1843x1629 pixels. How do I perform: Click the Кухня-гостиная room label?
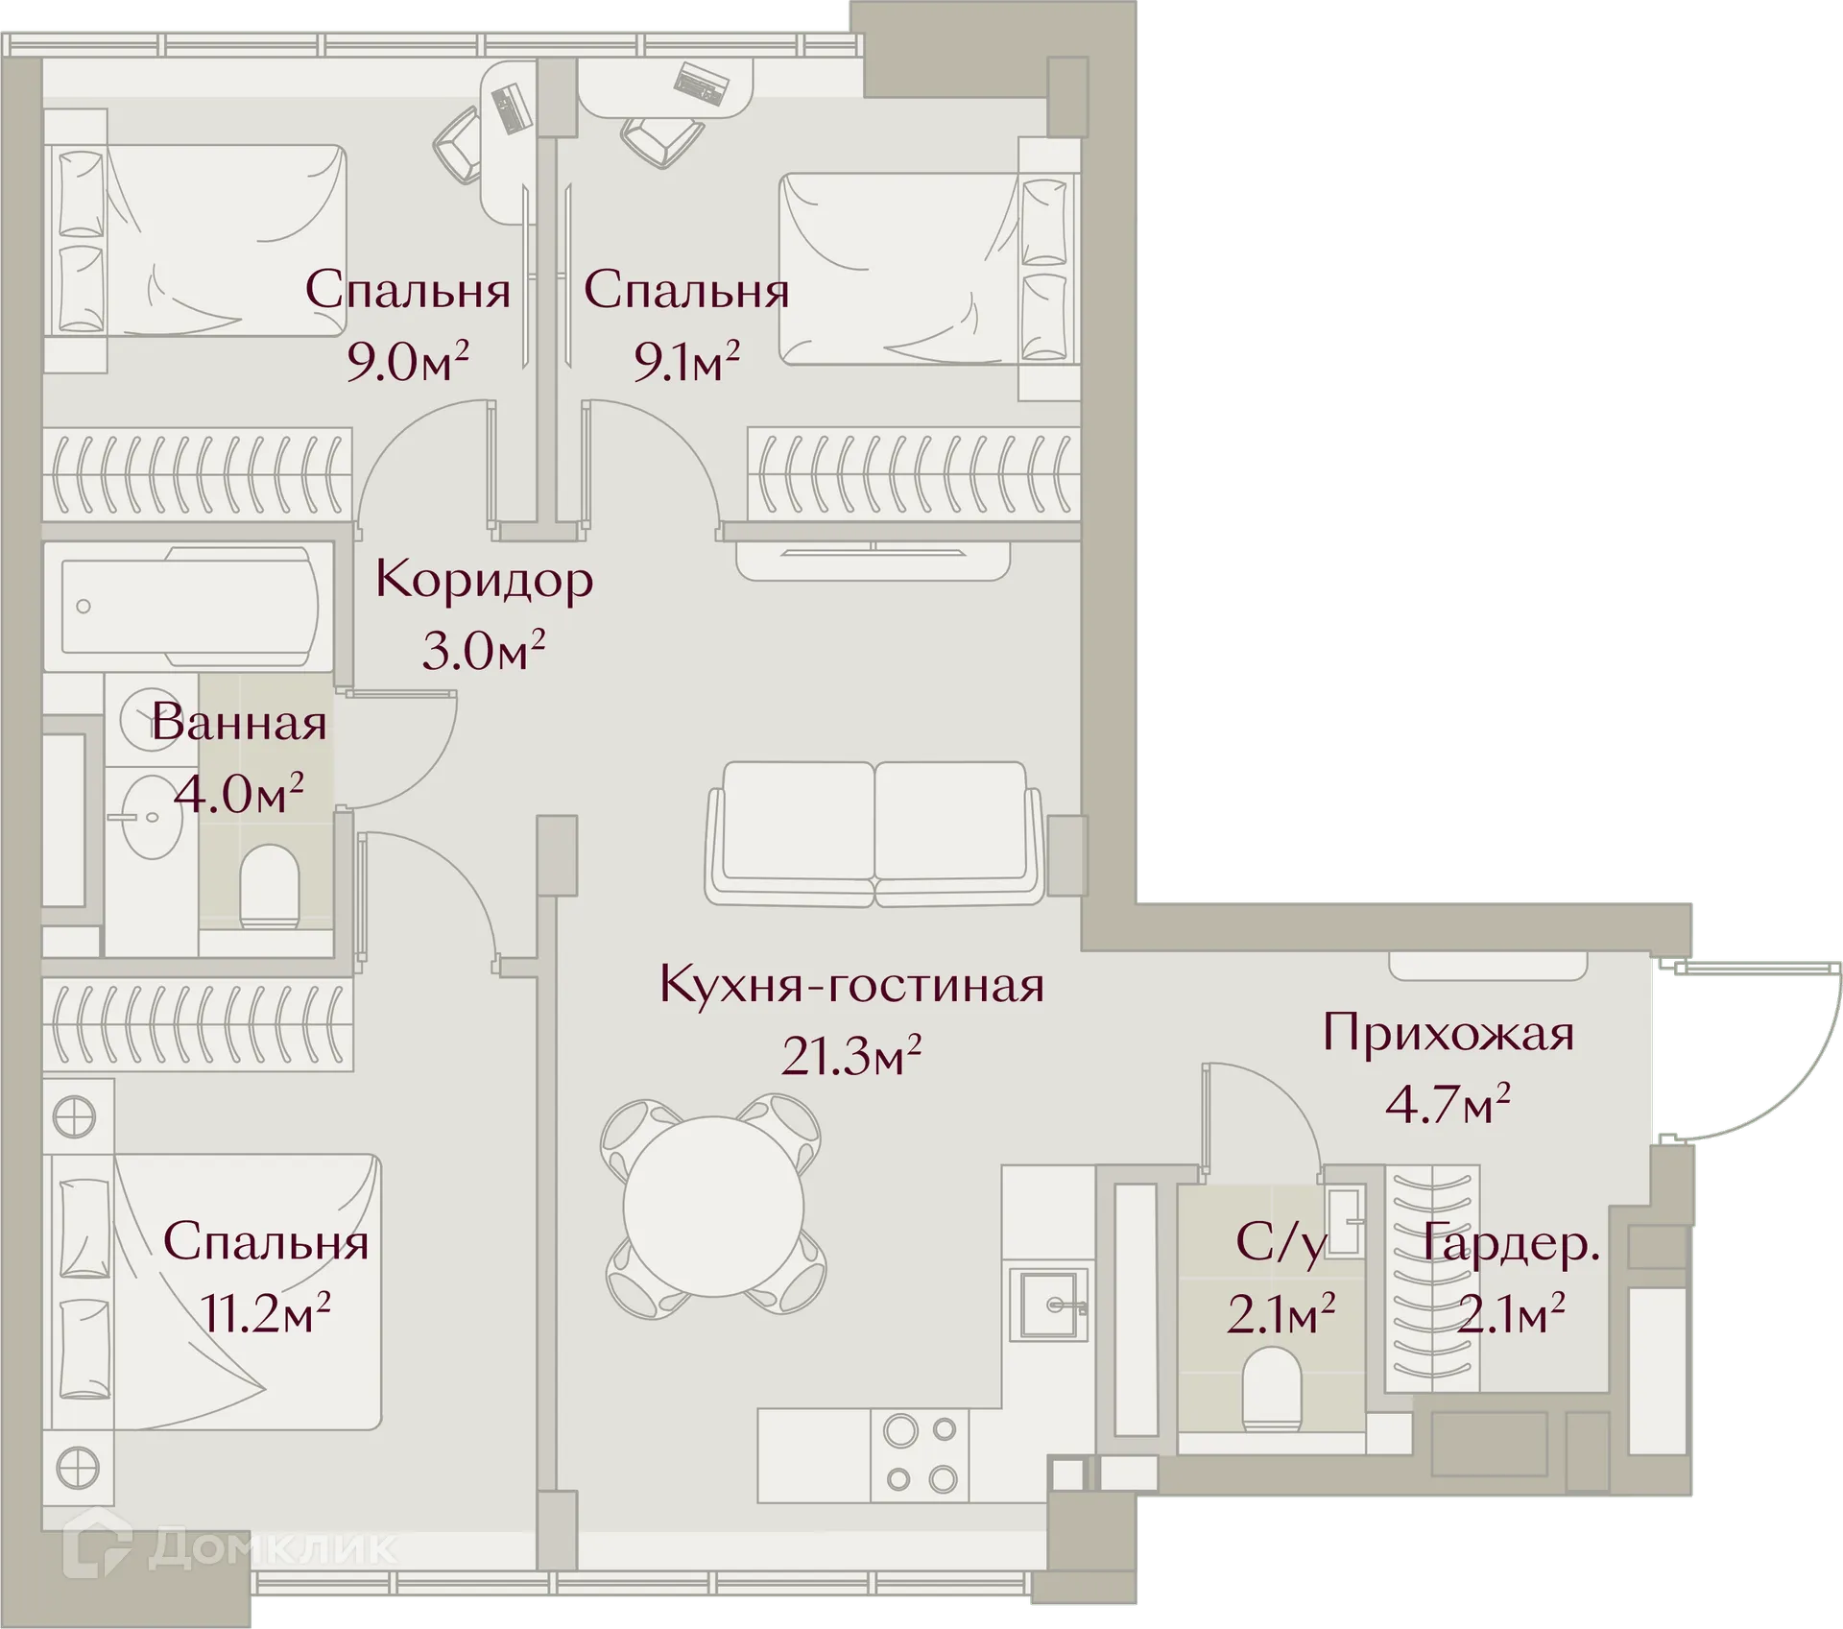(851, 985)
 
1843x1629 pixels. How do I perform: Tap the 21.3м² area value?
(851, 1056)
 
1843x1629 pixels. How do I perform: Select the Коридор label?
(484, 580)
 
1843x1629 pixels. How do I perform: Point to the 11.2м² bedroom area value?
(266, 1312)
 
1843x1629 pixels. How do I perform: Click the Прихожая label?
(1448, 1034)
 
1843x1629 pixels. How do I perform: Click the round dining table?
(713, 1207)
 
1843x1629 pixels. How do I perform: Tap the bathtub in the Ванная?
(189, 607)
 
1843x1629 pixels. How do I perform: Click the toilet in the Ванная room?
(270, 885)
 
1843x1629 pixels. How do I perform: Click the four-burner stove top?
(920, 1453)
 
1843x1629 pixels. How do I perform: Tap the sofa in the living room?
(874, 833)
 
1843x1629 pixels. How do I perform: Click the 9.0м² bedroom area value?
(407, 363)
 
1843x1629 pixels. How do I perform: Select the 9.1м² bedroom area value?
(685, 363)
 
